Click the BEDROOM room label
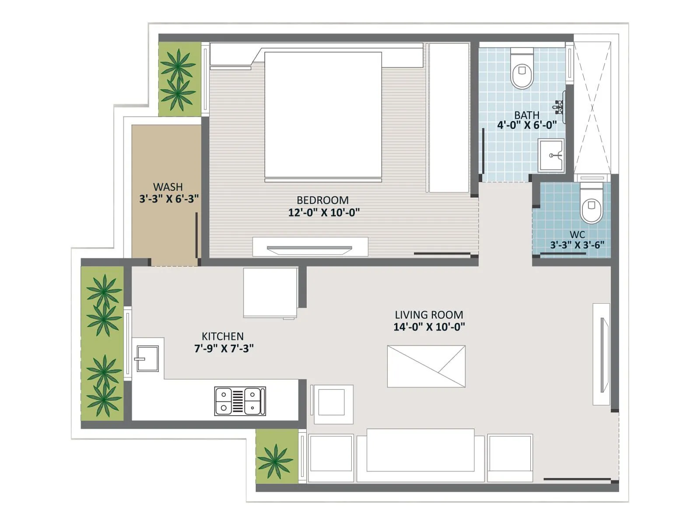point(322,200)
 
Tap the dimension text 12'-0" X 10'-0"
point(324,213)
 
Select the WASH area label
point(168,187)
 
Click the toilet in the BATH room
point(522,70)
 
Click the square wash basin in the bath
point(551,155)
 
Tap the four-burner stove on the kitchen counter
point(240,401)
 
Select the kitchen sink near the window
point(147,358)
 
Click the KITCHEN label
point(222,336)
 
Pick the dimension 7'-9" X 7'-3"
point(224,349)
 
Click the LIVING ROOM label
point(429,315)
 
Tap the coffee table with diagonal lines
point(426,366)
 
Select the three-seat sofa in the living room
point(420,455)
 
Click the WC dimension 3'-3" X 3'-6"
point(577,245)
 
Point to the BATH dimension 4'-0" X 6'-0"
point(527,125)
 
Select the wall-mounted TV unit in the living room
point(602,354)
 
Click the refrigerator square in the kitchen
point(270,292)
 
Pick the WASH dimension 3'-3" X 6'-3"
point(169,199)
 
